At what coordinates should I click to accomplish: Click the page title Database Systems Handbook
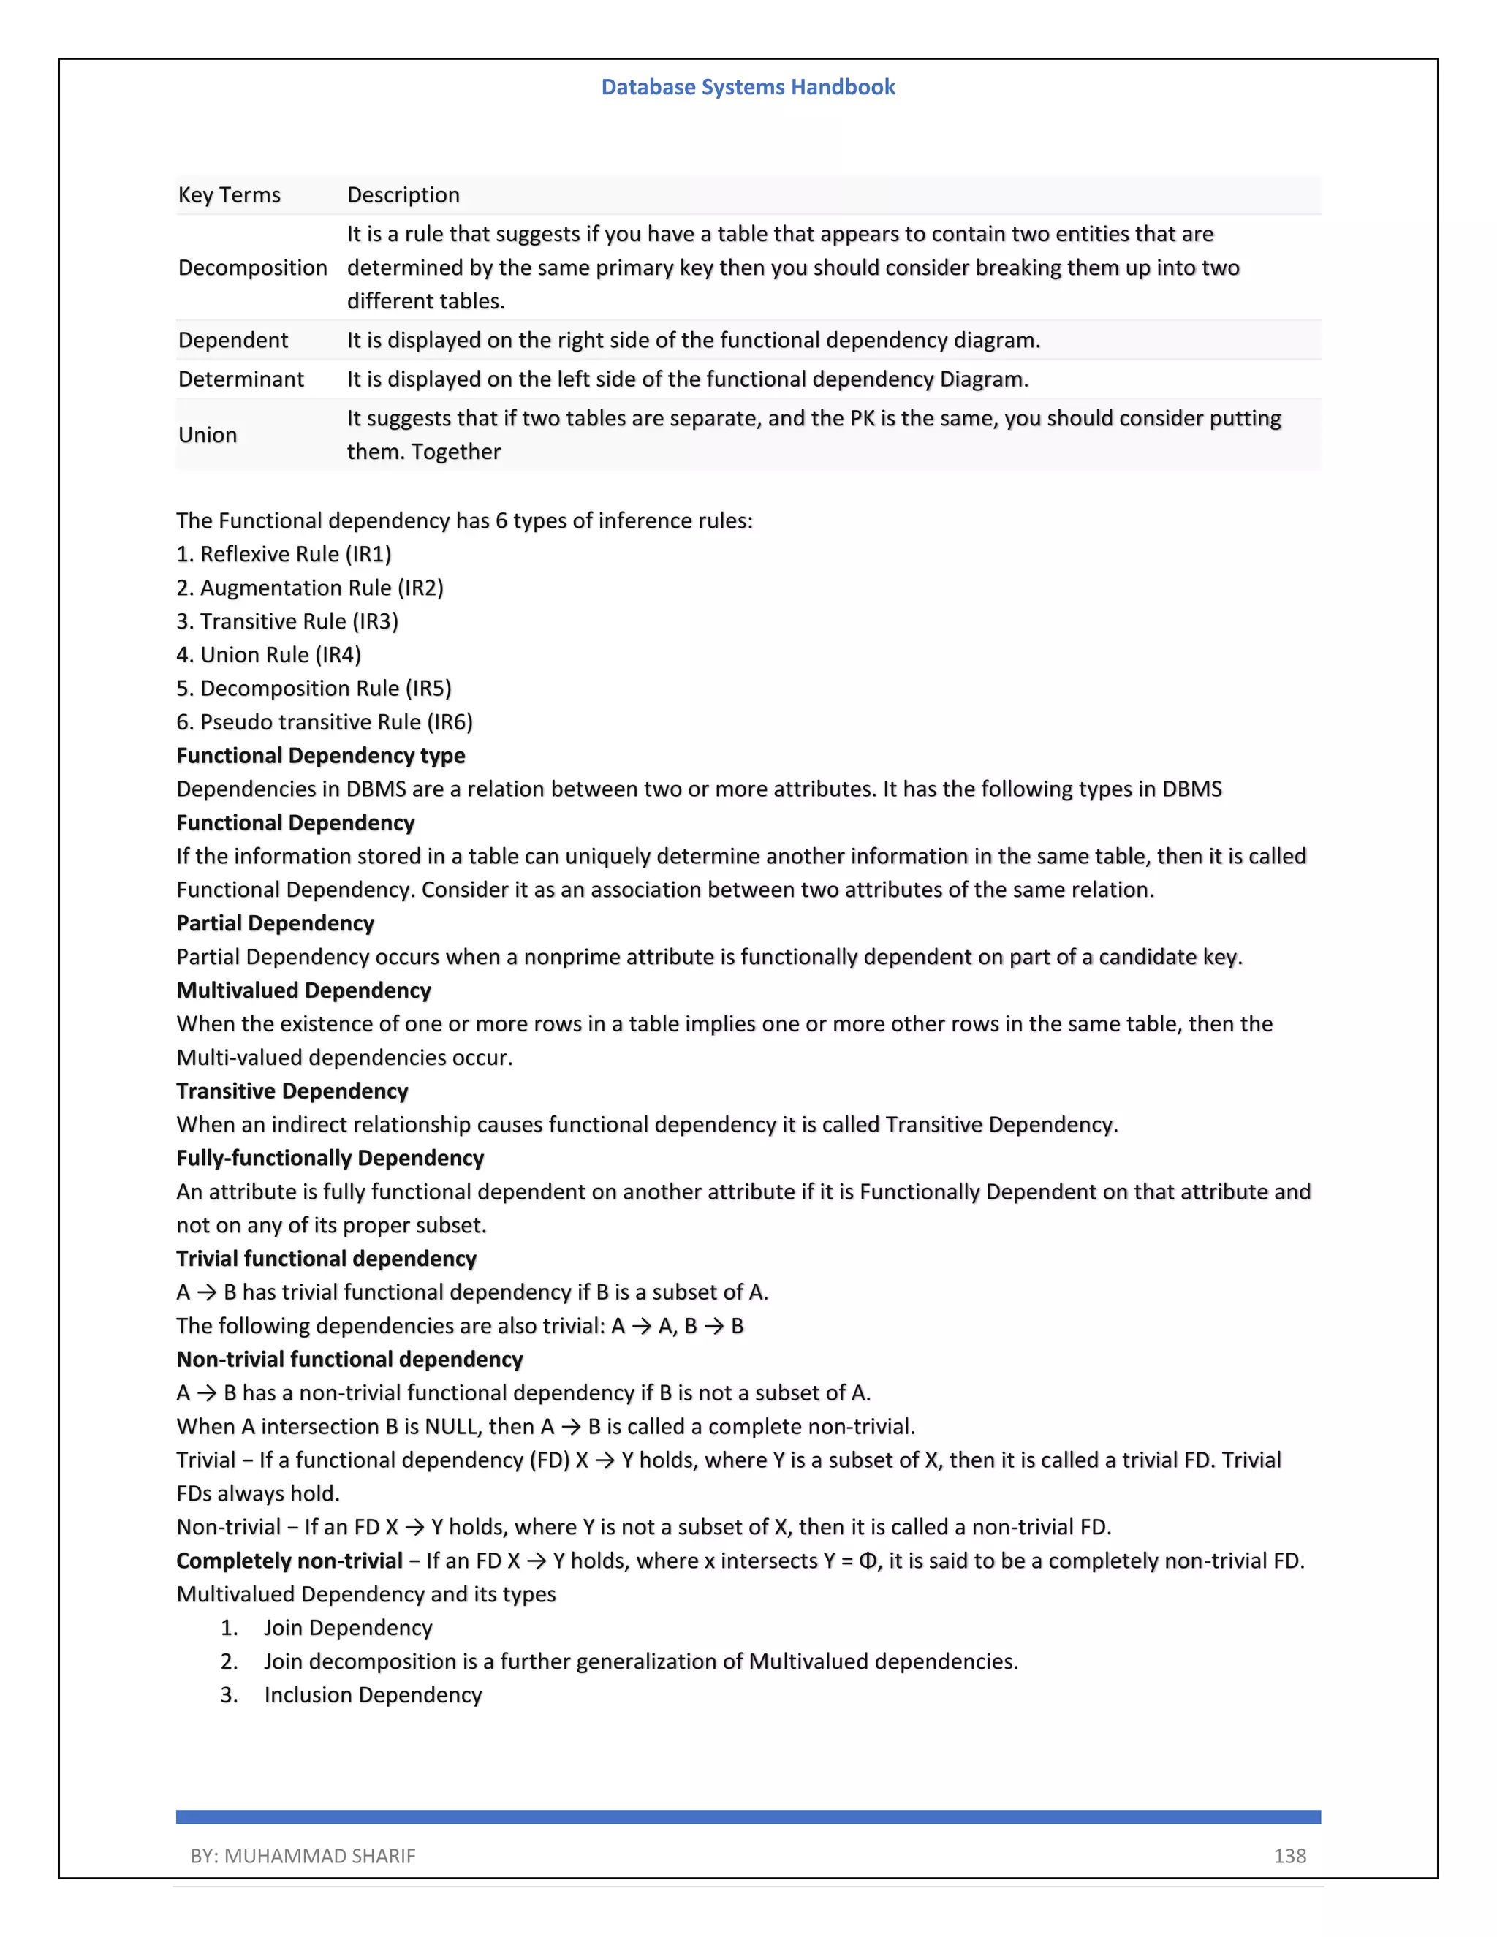coord(748,87)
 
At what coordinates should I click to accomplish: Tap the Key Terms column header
coord(229,195)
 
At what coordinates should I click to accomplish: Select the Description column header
coord(403,195)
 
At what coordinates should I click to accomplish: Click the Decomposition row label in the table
coord(253,268)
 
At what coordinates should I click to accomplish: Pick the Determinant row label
coord(240,379)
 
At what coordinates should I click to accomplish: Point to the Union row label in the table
coord(208,435)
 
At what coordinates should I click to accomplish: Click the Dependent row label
coord(232,341)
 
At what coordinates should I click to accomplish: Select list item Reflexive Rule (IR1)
coord(284,554)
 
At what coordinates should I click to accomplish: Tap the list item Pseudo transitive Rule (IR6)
coord(325,722)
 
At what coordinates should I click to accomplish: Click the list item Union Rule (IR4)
coord(269,654)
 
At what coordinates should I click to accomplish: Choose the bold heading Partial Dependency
coord(275,923)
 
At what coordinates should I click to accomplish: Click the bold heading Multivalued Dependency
coord(303,990)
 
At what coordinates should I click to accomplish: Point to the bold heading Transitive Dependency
coord(292,1091)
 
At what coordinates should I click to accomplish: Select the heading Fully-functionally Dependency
coord(330,1159)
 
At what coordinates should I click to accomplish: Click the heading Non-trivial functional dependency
coord(349,1360)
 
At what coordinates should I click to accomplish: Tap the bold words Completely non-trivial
coord(289,1561)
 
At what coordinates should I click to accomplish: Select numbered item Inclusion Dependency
coord(373,1695)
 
